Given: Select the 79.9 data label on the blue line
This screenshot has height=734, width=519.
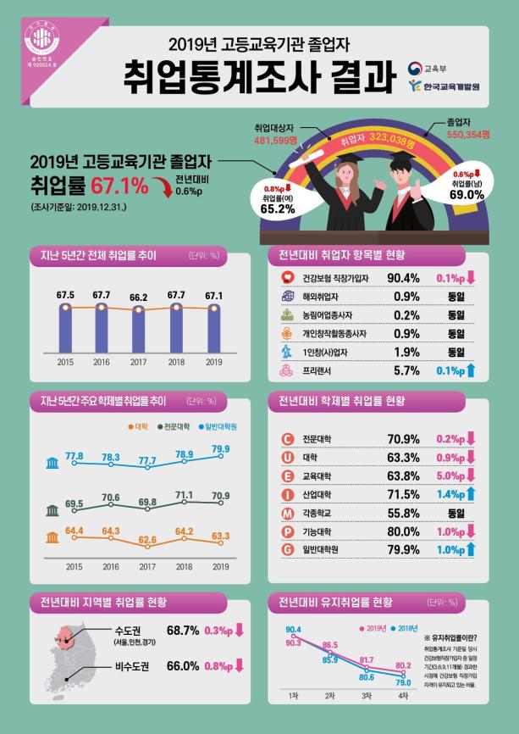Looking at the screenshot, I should pyautogui.click(x=220, y=448).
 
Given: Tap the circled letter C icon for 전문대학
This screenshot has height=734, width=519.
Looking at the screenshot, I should pyautogui.click(x=286, y=439).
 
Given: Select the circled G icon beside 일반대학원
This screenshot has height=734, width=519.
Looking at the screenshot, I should pyautogui.click(x=286, y=551).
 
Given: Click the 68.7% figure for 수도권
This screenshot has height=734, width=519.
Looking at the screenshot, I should pyautogui.click(x=183, y=631).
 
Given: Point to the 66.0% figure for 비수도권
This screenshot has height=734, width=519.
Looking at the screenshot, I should pyautogui.click(x=183, y=666).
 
